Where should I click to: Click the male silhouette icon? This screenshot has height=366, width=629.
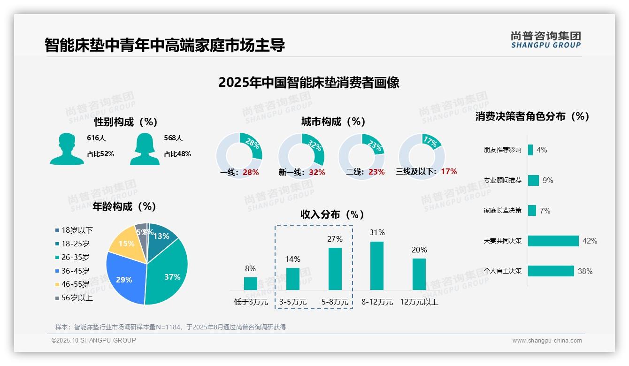67,149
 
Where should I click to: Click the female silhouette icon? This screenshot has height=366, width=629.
145,149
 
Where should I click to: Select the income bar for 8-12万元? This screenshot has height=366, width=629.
377,266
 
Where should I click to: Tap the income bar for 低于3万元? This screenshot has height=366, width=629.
251,283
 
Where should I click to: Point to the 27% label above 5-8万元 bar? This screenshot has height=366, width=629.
335,239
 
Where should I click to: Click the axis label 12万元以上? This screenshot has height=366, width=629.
419,302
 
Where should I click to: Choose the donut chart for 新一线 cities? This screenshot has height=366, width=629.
301,156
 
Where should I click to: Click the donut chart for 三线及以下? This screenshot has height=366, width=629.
421,156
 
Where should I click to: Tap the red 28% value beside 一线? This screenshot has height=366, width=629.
251,172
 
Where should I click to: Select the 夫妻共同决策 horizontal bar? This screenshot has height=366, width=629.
553,241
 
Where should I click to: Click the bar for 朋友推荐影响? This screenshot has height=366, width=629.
530,150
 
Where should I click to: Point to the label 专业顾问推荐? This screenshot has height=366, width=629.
502,180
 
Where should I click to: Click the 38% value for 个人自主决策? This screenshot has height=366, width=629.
585,271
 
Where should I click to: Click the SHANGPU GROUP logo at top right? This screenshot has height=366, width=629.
545,40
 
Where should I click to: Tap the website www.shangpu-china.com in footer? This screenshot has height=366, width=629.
547,341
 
